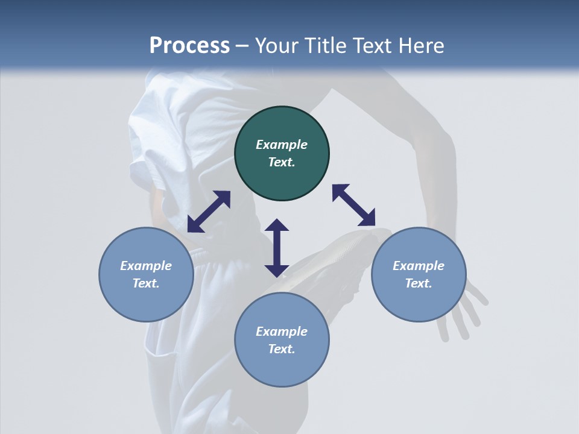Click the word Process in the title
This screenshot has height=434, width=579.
[189, 46]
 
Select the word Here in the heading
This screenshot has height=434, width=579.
[420, 46]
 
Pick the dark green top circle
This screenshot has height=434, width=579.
[282, 154]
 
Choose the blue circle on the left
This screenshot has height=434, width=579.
[146, 274]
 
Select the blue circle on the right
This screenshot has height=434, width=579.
[418, 274]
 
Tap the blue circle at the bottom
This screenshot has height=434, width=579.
[282, 340]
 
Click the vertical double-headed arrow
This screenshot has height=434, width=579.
[277, 248]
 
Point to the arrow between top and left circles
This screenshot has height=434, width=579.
[209, 212]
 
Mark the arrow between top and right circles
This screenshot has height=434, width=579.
[353, 205]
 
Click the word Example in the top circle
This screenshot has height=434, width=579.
[282, 145]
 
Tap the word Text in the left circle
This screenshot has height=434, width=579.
[146, 283]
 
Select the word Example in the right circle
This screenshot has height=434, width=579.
[418, 266]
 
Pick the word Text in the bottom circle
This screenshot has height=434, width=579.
[282, 349]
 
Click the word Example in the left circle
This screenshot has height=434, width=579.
[146, 266]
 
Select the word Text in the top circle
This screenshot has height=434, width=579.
[282, 162]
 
